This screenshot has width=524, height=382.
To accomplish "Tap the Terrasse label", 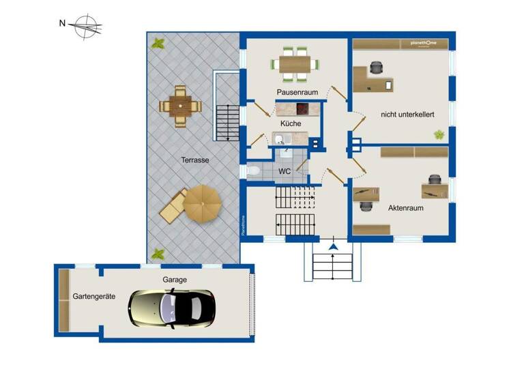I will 194,160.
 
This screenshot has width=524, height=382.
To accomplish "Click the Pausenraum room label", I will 298,91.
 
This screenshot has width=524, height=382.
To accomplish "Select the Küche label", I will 291,123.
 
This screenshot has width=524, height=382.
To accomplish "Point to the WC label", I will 285,171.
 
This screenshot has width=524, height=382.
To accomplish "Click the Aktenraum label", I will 407,207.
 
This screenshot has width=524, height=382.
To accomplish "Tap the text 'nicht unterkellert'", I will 407,115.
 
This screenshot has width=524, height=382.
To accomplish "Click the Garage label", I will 175,280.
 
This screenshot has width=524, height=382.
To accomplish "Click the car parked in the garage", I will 172,308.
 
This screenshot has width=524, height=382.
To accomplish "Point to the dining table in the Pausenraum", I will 297,63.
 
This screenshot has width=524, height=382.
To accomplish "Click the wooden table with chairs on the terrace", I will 181,106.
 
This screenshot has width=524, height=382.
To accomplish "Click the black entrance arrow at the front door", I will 334,246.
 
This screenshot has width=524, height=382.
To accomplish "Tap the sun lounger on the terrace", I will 172,205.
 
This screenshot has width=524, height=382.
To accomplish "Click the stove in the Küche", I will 302,108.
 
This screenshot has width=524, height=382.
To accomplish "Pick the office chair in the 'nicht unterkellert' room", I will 376,67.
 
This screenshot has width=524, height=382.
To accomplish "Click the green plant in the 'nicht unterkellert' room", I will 437,135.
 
